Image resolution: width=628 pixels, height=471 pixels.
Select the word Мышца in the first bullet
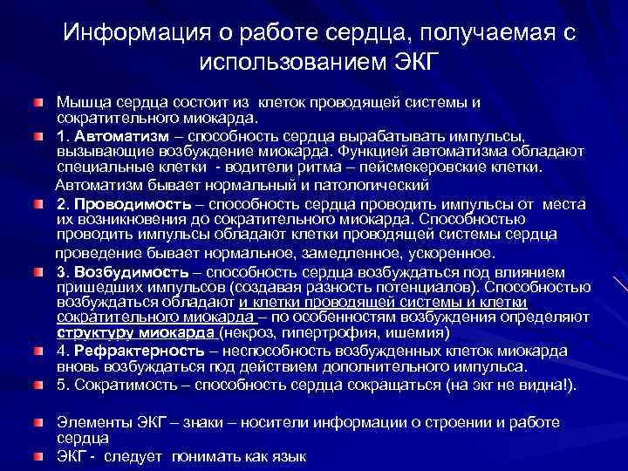[x=80, y=104]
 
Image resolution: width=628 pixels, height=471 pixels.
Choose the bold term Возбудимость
[x=128, y=271]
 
